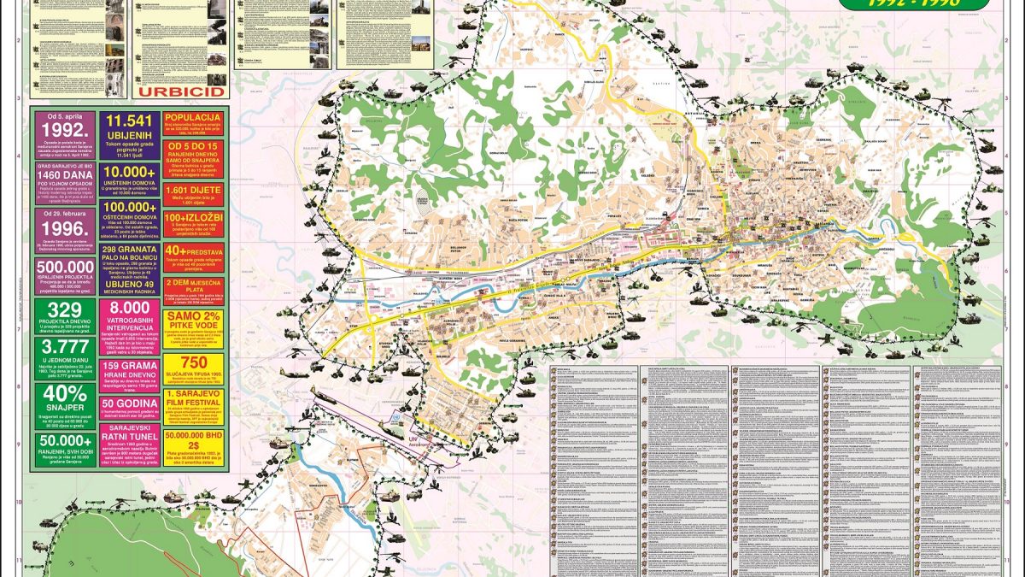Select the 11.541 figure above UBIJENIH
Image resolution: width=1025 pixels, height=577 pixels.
click(128, 122)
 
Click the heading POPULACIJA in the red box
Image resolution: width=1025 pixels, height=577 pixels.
click(193, 117)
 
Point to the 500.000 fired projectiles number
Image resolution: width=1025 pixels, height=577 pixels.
click(63, 268)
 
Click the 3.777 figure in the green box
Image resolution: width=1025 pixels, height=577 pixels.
click(63, 351)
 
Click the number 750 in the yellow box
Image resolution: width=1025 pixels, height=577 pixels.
click(193, 362)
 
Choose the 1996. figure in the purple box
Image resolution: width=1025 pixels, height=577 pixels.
click(63, 228)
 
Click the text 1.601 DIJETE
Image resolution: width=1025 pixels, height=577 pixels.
click(193, 190)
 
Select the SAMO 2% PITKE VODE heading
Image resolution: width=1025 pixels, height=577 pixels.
click(193, 322)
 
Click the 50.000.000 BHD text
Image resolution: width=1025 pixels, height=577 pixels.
click(193, 437)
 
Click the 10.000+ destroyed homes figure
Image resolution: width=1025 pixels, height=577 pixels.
click(128, 171)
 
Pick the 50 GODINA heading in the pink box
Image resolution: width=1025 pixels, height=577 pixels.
click(128, 403)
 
